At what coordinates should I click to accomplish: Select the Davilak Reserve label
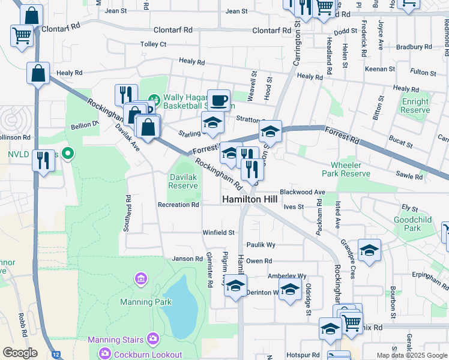click(183, 182)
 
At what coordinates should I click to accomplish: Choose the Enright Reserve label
click(415, 106)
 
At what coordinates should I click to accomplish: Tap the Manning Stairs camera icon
click(153, 340)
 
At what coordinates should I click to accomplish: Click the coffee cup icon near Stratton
click(218, 100)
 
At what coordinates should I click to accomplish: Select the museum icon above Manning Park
click(141, 278)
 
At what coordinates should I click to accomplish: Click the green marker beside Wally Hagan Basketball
click(154, 98)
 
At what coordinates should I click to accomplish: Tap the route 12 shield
click(56, 355)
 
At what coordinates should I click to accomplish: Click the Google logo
click(20, 353)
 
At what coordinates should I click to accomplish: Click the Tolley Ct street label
click(153, 44)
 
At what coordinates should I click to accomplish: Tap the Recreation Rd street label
click(178, 205)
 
